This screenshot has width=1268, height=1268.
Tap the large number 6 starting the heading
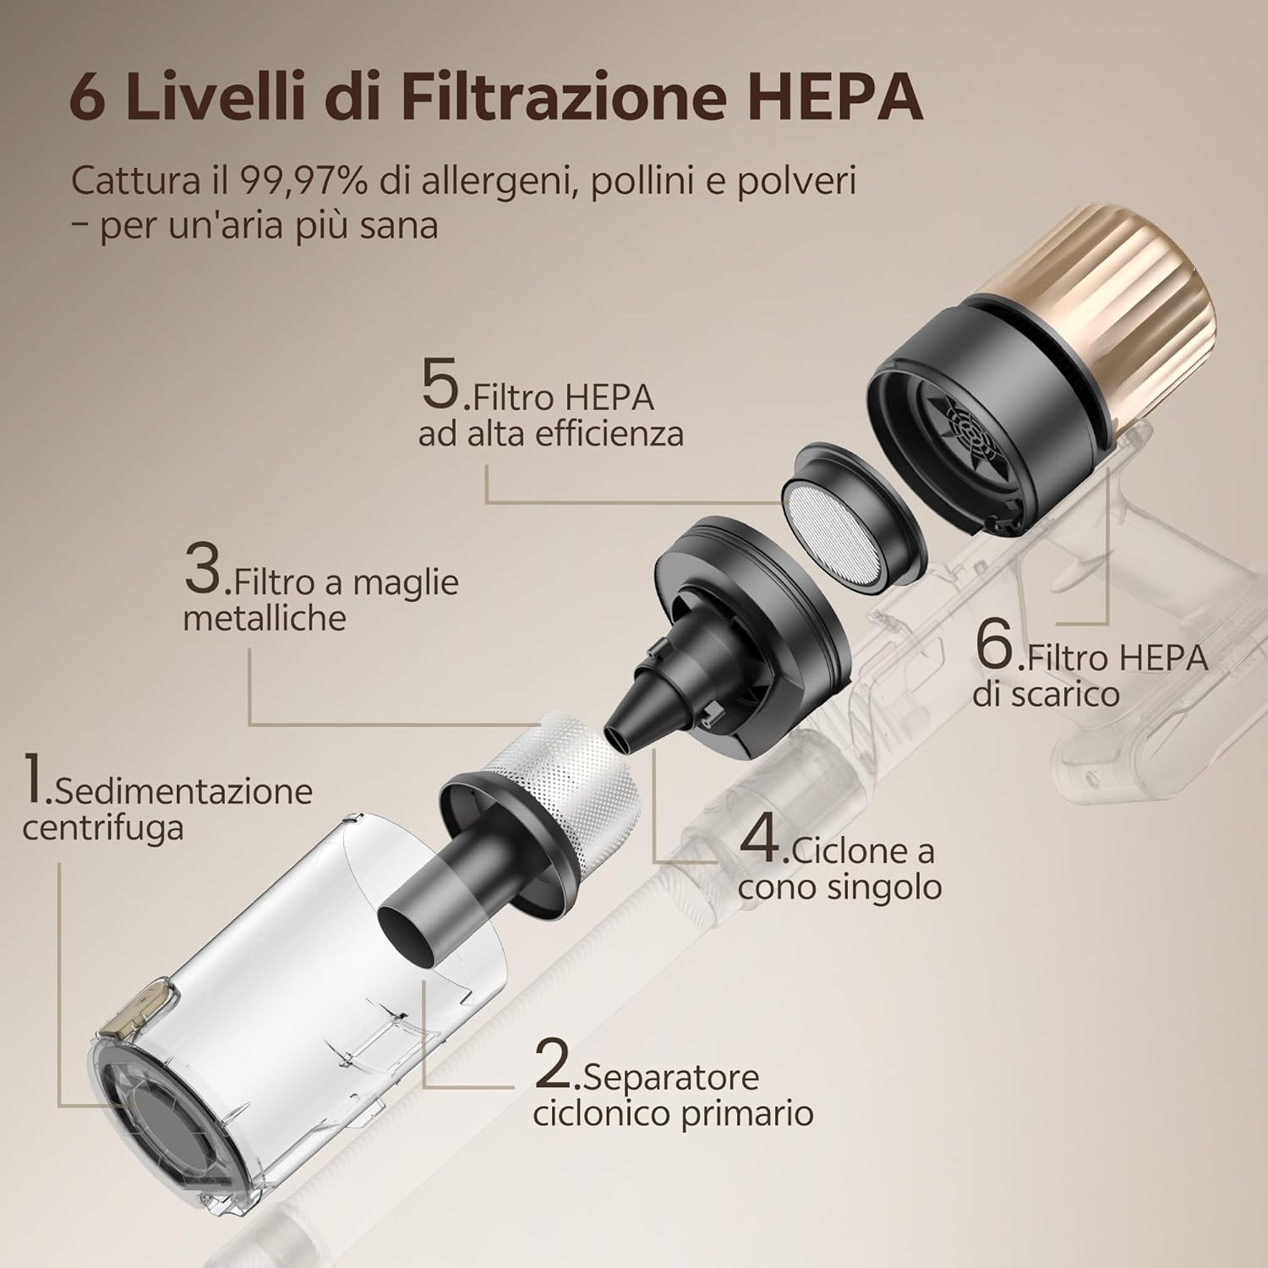(x=94, y=99)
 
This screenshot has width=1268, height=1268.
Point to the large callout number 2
(x=556, y=1063)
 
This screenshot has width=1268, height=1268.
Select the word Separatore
(x=671, y=1078)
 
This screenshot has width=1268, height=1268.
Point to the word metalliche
(x=265, y=618)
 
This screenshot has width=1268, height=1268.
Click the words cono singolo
(x=839, y=887)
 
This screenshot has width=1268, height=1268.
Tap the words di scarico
(x=1045, y=694)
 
